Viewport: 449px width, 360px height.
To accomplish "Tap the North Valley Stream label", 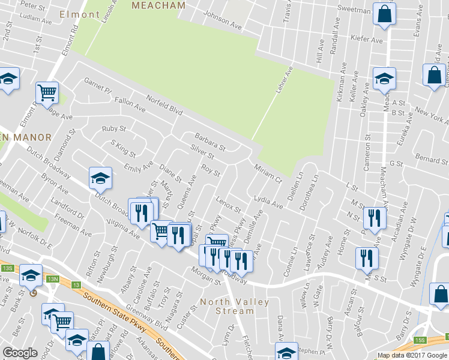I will tap(235, 306).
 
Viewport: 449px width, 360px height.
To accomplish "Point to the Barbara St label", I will tap(208, 142).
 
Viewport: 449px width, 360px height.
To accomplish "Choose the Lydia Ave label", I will tap(268, 201).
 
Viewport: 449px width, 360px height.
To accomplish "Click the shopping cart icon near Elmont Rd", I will tap(47, 92).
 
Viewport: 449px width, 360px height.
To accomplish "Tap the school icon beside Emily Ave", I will tap(100, 178).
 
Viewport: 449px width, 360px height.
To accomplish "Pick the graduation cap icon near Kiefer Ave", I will tap(384, 78).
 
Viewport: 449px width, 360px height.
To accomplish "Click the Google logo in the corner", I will tap(20, 353).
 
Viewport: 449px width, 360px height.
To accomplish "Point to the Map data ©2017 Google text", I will tap(412, 355).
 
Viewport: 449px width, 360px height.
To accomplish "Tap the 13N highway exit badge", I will tap(53, 278).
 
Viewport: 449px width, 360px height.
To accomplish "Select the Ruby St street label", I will tap(113, 128).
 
